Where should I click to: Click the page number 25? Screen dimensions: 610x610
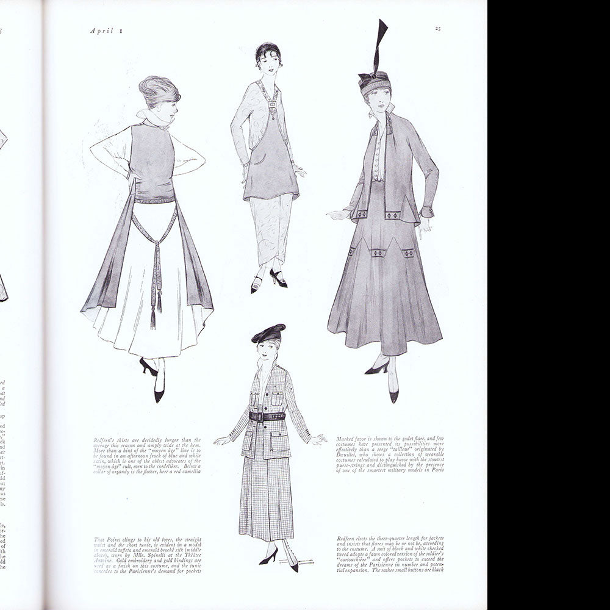pos(439,28)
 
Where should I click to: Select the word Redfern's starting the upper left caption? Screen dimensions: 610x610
pos(107,438)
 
